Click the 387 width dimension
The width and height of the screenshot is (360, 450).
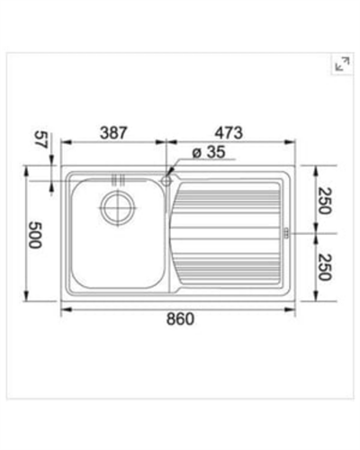click(x=112, y=131)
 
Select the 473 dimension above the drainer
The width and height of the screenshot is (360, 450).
click(x=230, y=131)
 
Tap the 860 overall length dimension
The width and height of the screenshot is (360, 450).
click(x=180, y=319)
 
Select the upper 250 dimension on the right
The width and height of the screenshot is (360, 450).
click(x=323, y=200)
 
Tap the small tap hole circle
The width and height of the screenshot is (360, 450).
click(x=167, y=180)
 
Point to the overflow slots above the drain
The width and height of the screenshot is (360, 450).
click(x=114, y=176)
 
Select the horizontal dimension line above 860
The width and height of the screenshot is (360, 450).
click(x=180, y=309)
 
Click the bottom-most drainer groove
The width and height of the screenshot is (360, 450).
click(x=229, y=276)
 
